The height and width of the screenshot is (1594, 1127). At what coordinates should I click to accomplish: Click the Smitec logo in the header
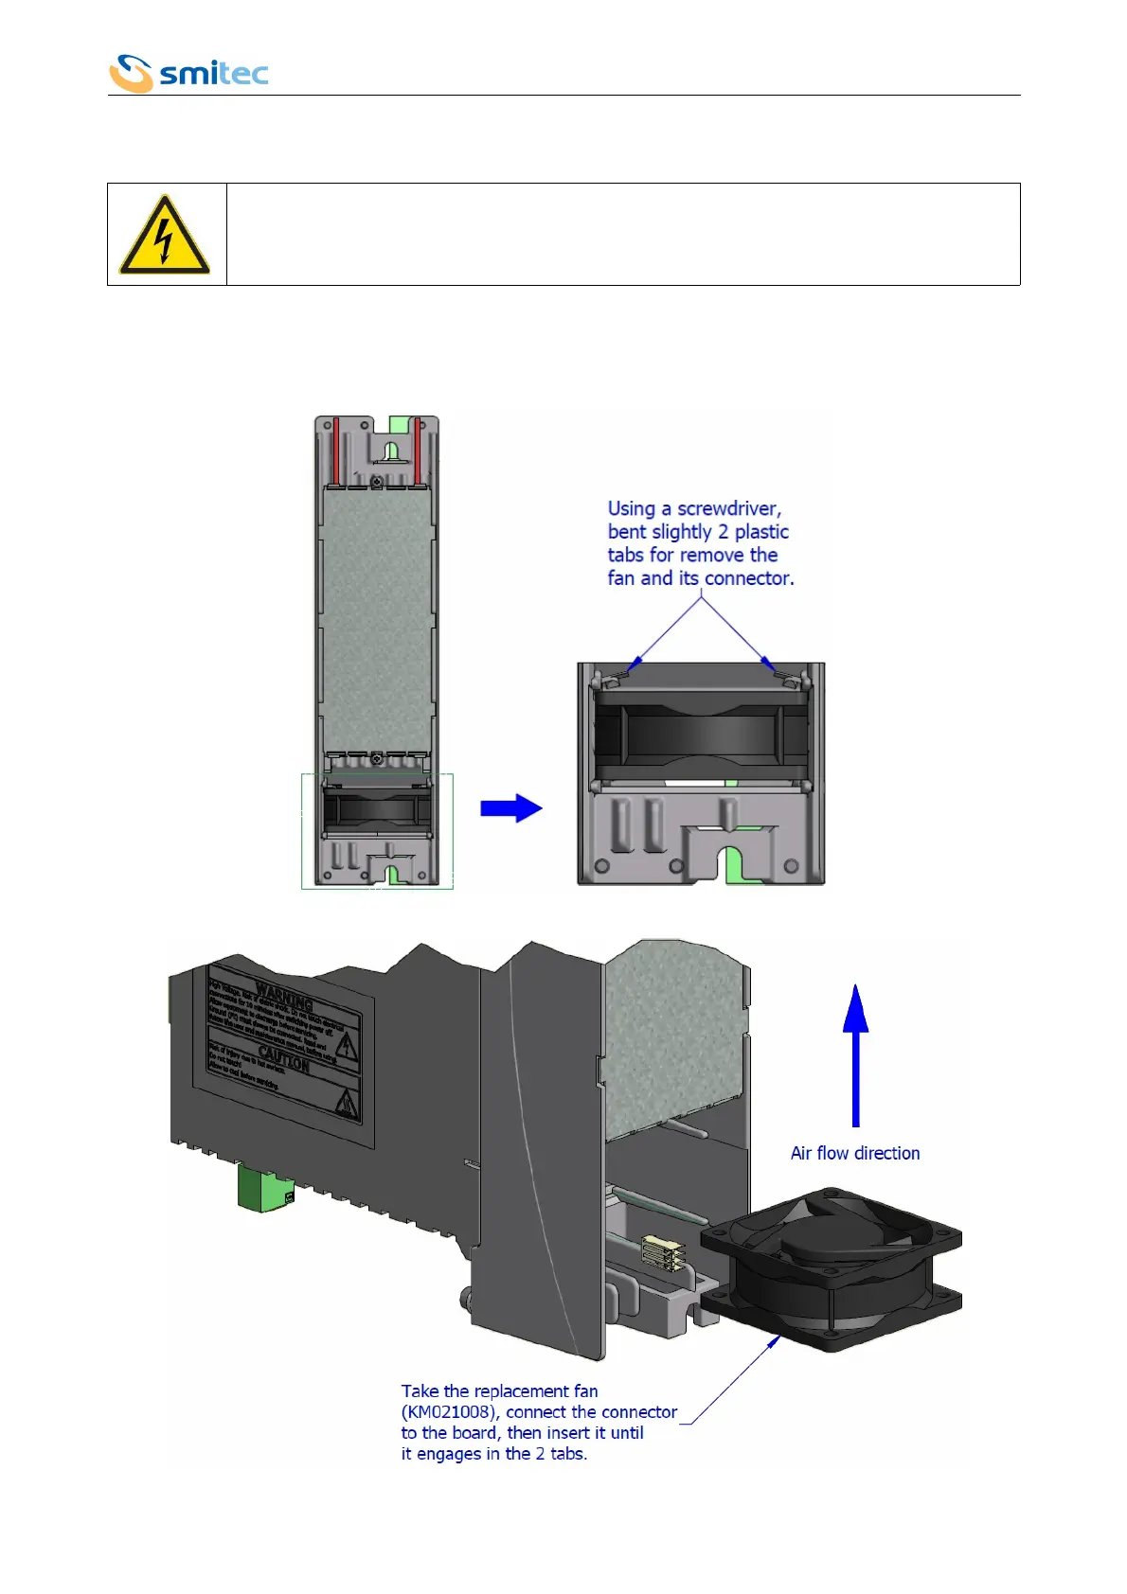tap(188, 73)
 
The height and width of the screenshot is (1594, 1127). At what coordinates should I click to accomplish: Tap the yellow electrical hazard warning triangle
tap(165, 237)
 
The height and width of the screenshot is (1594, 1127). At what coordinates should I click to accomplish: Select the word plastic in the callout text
tap(761, 532)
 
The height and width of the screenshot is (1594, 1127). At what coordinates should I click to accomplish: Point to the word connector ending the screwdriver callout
tap(748, 578)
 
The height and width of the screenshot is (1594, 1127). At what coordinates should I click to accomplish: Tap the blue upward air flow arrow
tap(856, 1053)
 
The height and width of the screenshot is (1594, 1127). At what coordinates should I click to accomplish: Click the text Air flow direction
tap(855, 1153)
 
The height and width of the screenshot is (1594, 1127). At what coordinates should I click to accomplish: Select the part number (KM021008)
tap(448, 1412)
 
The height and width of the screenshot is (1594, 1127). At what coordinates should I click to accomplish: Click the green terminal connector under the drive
tap(265, 1188)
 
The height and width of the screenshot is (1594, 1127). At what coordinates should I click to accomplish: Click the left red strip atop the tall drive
tap(336, 449)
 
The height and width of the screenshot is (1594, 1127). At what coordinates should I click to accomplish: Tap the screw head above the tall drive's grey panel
tap(377, 483)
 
